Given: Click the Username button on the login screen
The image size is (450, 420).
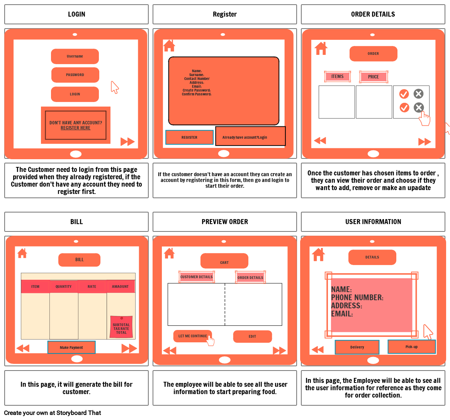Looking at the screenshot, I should click(x=75, y=56).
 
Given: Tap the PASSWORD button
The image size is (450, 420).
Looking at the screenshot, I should click(x=75, y=75).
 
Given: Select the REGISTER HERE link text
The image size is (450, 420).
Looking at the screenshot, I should click(x=76, y=128).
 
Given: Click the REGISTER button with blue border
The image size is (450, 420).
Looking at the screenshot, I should click(x=189, y=138).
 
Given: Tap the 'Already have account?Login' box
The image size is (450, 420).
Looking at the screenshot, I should click(x=250, y=137).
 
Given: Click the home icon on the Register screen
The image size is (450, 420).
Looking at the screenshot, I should click(x=169, y=46).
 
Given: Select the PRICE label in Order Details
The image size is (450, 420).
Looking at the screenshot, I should click(x=374, y=77).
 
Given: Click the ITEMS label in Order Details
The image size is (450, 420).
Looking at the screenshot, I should click(x=337, y=77).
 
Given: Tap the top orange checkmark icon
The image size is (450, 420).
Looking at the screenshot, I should click(x=404, y=94).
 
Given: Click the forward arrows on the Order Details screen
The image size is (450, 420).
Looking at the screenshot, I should click(x=425, y=142).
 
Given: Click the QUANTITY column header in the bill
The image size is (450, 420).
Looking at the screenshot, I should click(x=64, y=287).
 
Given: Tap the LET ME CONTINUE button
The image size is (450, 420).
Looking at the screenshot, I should click(x=193, y=336).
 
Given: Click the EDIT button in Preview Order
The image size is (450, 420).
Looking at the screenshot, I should click(x=252, y=337).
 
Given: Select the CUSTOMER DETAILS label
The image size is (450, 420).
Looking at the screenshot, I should click(x=196, y=277).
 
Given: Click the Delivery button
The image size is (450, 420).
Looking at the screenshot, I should click(x=357, y=347).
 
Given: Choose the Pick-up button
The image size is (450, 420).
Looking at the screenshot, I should click(x=411, y=347).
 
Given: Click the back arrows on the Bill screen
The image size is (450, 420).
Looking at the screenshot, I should click(x=23, y=349).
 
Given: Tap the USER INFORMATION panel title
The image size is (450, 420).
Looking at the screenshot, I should click(x=373, y=222).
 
